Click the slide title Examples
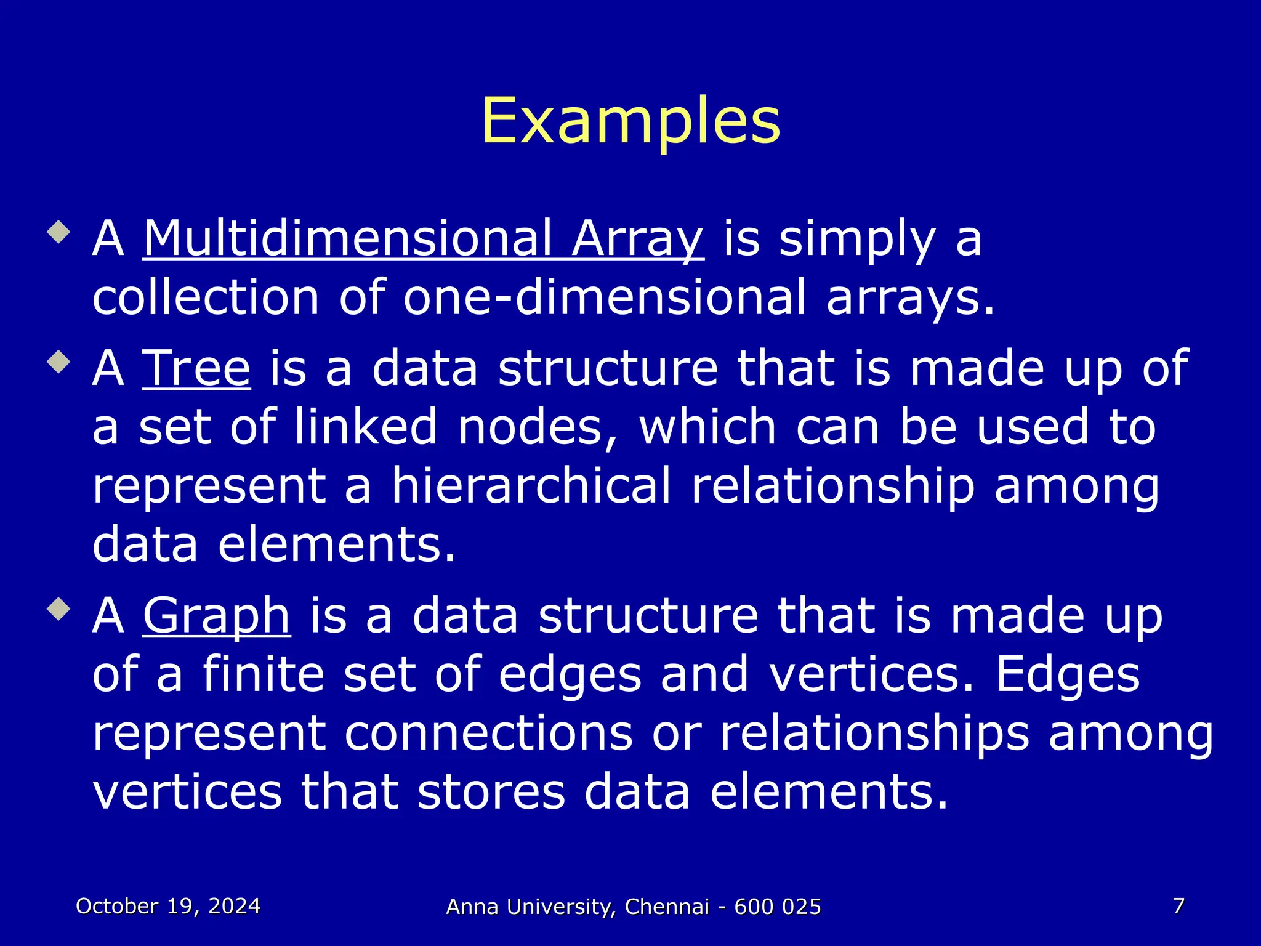pos(630,121)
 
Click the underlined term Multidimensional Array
pos(423,239)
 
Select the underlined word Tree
pos(196,368)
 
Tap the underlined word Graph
pos(216,615)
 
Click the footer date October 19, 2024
pos(168,906)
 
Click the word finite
pos(264,674)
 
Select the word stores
pos(491,792)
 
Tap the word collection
pos(206,298)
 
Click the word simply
pos(857,240)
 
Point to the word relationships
pos(874,734)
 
